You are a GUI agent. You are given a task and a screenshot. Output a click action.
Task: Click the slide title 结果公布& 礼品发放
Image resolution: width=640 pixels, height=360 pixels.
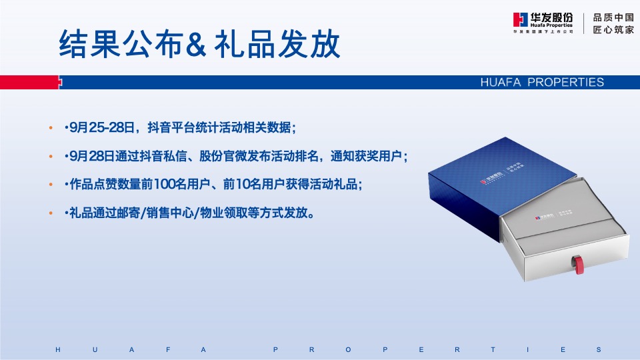(x=200, y=45)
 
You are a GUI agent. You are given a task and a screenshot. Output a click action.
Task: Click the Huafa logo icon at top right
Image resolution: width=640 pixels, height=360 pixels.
(x=521, y=22)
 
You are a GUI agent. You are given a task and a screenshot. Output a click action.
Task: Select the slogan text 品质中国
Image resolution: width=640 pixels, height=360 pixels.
(x=613, y=17)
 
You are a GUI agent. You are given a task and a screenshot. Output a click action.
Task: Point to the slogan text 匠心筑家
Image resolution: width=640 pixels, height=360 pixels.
(x=613, y=30)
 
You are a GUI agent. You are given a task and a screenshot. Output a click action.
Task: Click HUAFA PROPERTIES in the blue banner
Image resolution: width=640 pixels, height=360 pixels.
(x=541, y=83)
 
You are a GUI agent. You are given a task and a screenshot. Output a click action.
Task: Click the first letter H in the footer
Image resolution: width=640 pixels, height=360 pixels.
(x=58, y=349)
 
